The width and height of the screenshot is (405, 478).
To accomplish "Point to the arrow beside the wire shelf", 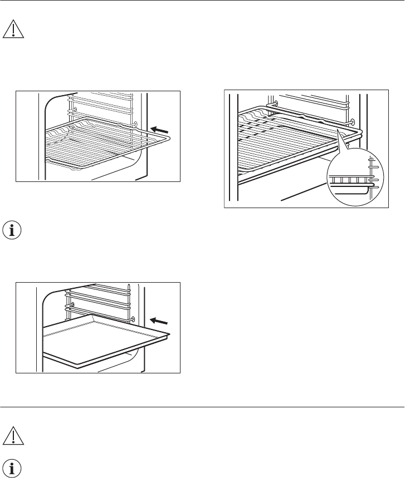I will click(160, 129).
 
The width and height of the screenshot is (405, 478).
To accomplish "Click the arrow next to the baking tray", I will click(159, 321).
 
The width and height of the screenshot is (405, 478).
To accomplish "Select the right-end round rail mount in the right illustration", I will click(353, 121).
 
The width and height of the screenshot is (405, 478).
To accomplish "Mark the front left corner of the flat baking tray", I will click(45, 337).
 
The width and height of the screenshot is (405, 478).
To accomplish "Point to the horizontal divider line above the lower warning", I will click(202, 407).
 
